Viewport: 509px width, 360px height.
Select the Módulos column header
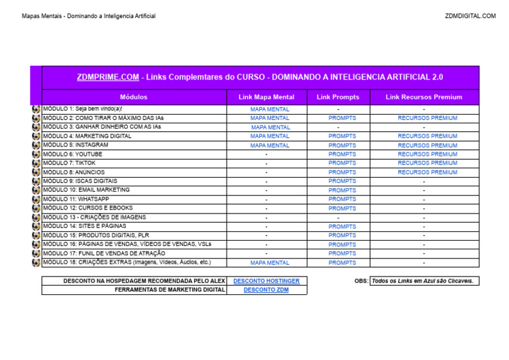pyautogui.click(x=134, y=97)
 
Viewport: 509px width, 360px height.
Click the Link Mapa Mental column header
pyautogui.click(x=266, y=97)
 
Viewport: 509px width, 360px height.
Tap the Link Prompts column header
pyautogui.click(x=338, y=97)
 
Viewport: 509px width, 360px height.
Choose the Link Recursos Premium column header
pyautogui.click(x=424, y=97)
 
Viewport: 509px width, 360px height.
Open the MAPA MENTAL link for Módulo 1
pyautogui.click(x=270, y=109)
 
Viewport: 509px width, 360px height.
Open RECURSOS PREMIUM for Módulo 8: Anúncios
pyautogui.click(x=427, y=172)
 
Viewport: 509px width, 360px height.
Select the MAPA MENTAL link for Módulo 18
pyautogui.click(x=270, y=263)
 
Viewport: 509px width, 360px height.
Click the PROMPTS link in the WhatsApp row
pyautogui.click(x=342, y=199)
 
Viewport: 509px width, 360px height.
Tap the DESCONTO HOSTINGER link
pyautogui.click(x=266, y=281)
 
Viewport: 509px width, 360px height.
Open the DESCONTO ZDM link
pyautogui.click(x=266, y=290)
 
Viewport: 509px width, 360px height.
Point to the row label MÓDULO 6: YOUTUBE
pyautogui.click(x=73, y=154)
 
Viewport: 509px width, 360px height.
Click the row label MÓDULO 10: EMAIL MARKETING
pyautogui.click(x=86, y=190)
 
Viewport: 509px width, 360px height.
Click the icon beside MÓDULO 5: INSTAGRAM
pyautogui.click(x=36, y=145)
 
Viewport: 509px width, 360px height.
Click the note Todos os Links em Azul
pyautogui.click(x=423, y=281)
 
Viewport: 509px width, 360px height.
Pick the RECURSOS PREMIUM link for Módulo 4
pyautogui.click(x=427, y=136)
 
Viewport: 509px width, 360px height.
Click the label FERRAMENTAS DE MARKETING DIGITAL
pyautogui.click(x=170, y=290)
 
